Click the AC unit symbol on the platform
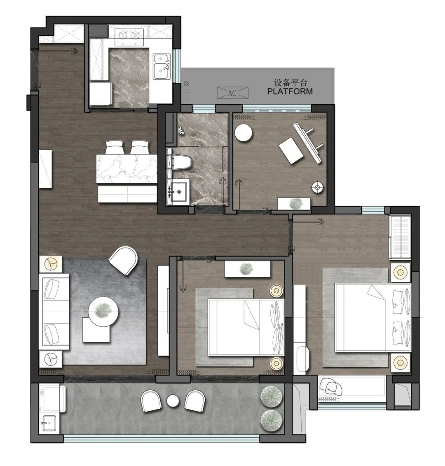[232, 93]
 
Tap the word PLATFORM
[290, 91]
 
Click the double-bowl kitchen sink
[162, 66]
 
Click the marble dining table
[127, 169]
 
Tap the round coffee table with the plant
[103, 312]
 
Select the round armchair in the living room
[124, 260]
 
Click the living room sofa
[54, 312]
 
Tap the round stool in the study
[244, 133]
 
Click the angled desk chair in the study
[291, 150]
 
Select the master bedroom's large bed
[373, 318]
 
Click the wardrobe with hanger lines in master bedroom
[400, 237]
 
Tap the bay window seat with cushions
[352, 387]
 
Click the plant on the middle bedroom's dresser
[247, 268]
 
